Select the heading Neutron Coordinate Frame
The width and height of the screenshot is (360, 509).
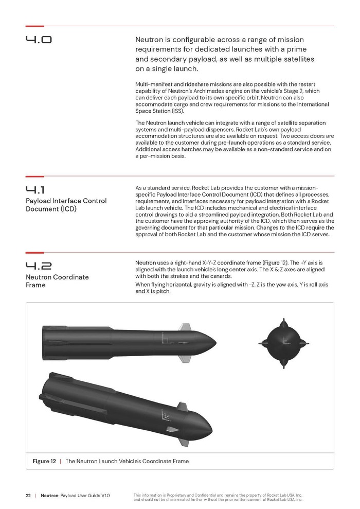click(57, 281)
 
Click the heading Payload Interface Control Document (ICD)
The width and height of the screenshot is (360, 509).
click(66, 205)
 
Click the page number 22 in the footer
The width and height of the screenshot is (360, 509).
click(28, 495)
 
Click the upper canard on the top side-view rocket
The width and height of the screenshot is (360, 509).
click(184, 327)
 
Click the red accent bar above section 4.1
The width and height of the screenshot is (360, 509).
click(34, 177)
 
